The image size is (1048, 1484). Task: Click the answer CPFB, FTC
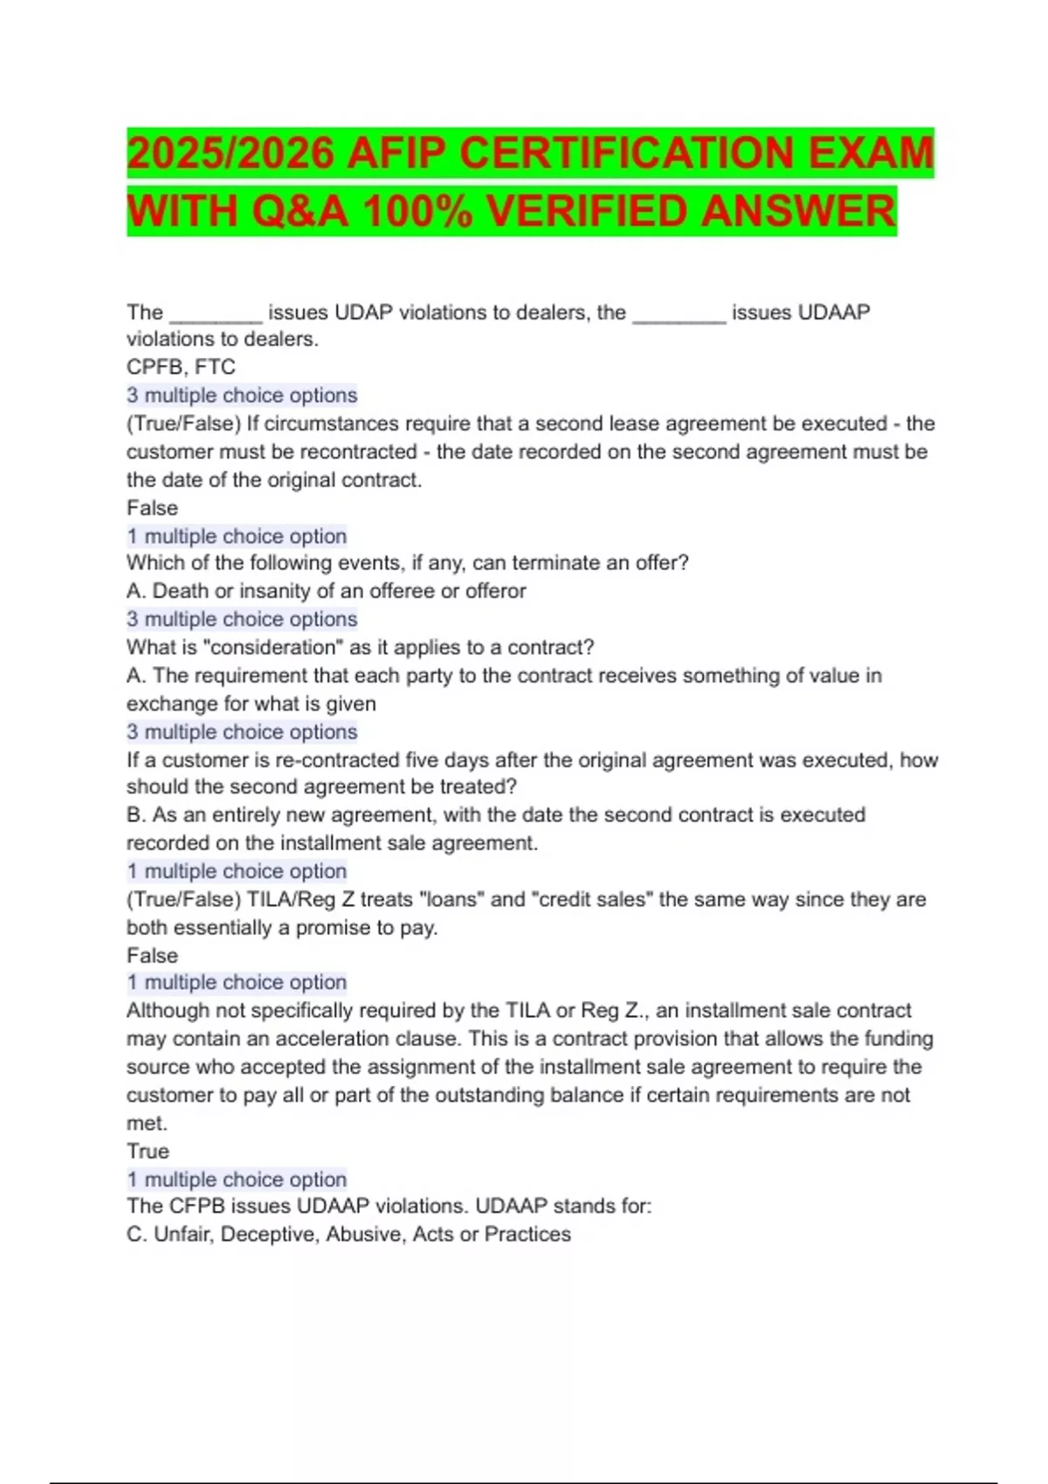point(181,367)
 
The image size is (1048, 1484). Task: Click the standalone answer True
point(148,1151)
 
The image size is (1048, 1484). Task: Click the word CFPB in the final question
point(197,1206)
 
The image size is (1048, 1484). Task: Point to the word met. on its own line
point(147,1123)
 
